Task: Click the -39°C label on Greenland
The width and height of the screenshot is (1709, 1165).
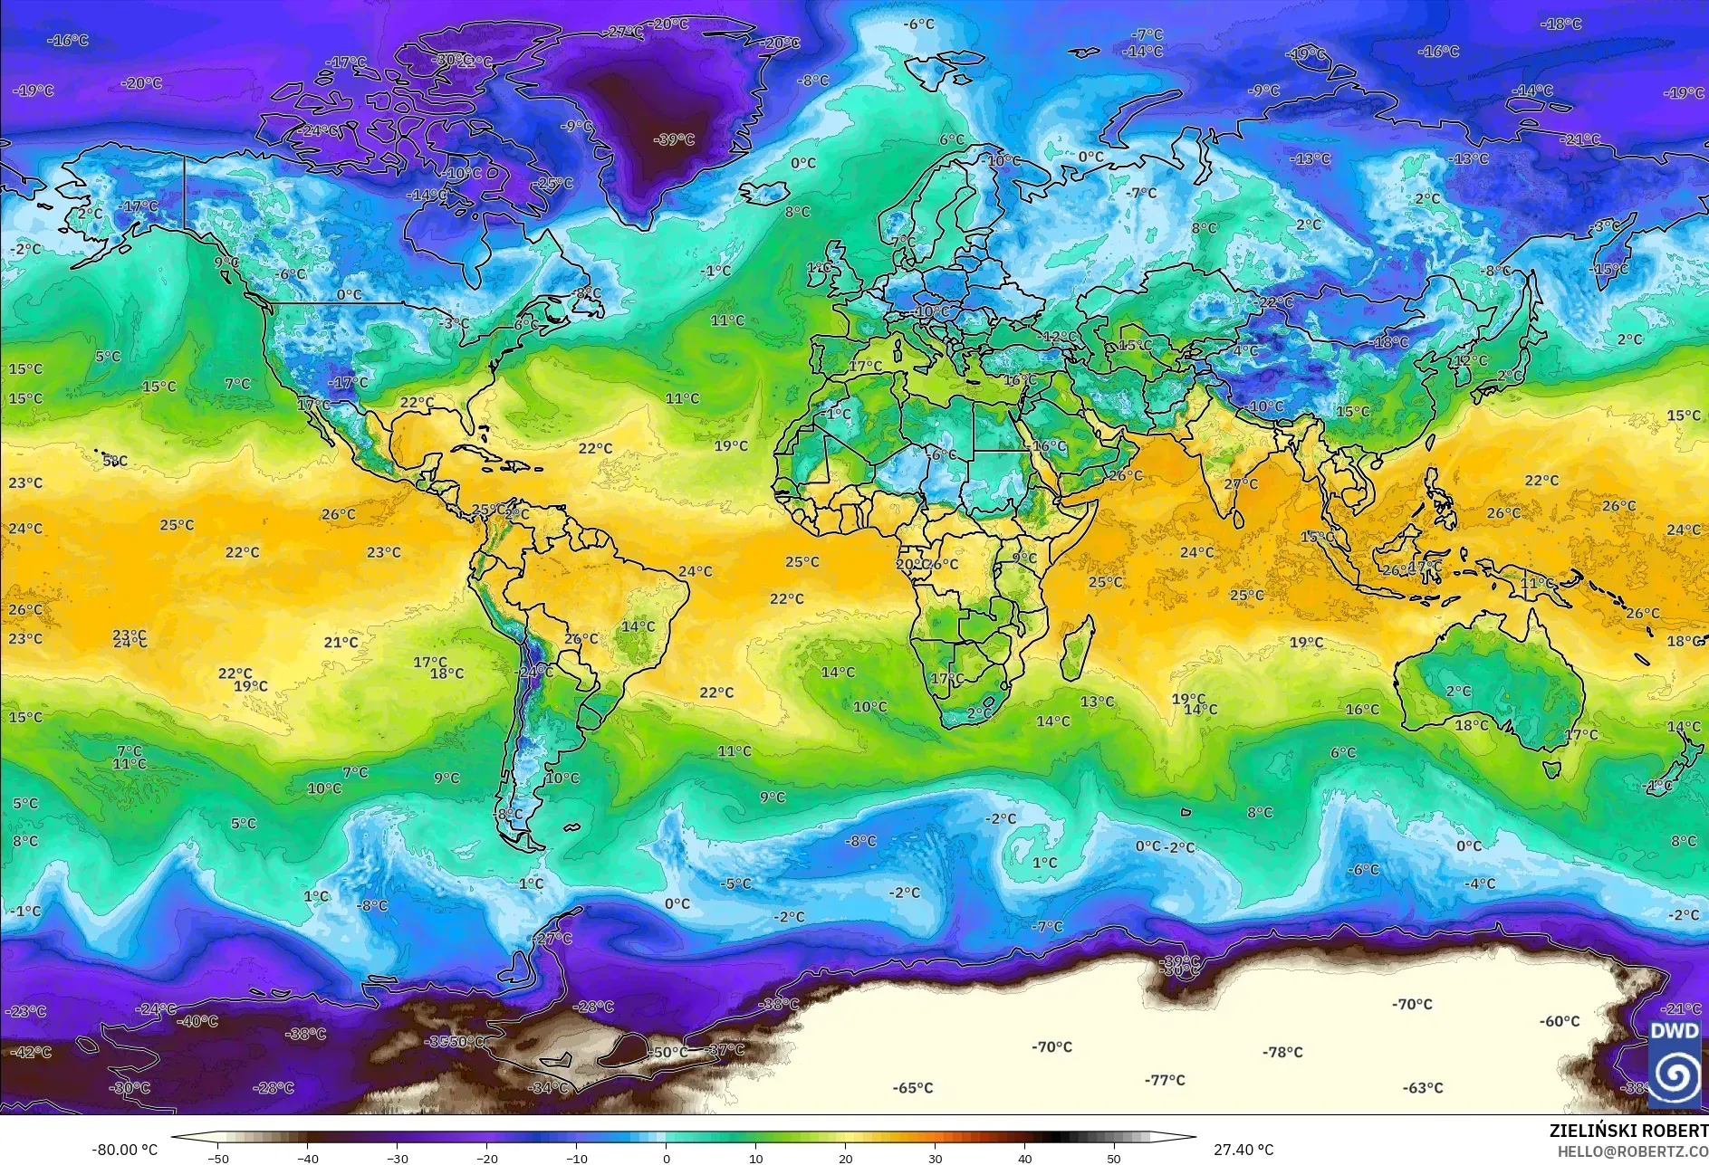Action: pyautogui.click(x=674, y=139)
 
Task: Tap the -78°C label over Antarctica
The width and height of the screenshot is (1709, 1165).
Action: pyautogui.click(x=1282, y=1052)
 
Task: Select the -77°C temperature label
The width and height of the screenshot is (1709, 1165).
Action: pyautogui.click(x=1165, y=1080)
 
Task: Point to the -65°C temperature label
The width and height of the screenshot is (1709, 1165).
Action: pyautogui.click(x=913, y=1088)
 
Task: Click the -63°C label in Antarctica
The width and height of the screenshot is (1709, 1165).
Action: pyautogui.click(x=1423, y=1088)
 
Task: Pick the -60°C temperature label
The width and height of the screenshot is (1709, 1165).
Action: pyautogui.click(x=1560, y=1021)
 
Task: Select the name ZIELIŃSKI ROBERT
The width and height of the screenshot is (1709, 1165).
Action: pyautogui.click(x=1627, y=1131)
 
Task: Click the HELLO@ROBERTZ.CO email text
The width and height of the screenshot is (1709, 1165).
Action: pyautogui.click(x=1632, y=1151)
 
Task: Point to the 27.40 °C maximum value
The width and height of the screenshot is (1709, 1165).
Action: pyautogui.click(x=1243, y=1150)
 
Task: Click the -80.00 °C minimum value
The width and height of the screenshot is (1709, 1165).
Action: pyautogui.click(x=124, y=1151)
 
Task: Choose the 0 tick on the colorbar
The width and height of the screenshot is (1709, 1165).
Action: pyautogui.click(x=667, y=1159)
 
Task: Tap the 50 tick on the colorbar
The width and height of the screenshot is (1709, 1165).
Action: pyautogui.click(x=1114, y=1159)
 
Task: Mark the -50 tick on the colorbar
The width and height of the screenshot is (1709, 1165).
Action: pyautogui.click(x=217, y=1159)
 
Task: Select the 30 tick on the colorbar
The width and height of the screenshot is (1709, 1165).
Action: pyautogui.click(x=935, y=1159)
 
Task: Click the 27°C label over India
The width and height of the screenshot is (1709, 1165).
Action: pyautogui.click(x=1242, y=484)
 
